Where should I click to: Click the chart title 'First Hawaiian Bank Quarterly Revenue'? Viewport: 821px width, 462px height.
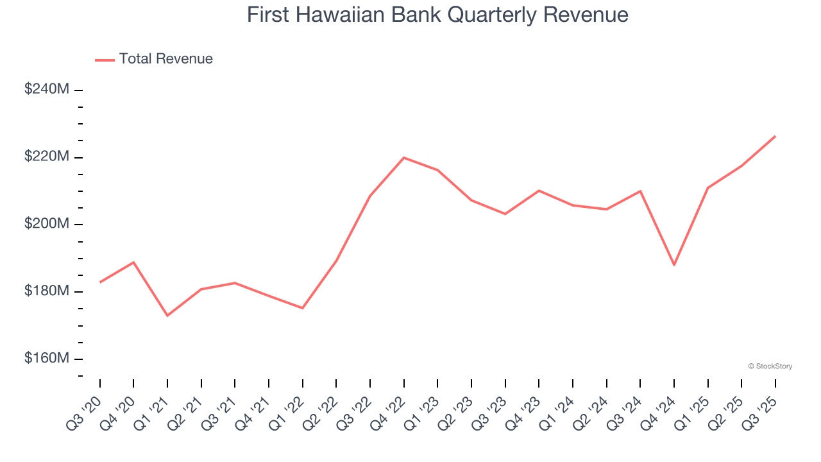[437, 15]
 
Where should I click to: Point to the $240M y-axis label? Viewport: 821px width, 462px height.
[47, 90]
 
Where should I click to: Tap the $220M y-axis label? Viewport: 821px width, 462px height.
[47, 157]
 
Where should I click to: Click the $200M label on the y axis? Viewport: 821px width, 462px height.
[47, 224]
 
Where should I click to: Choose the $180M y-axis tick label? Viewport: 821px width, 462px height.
[47, 291]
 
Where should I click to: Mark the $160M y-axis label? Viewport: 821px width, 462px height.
[47, 358]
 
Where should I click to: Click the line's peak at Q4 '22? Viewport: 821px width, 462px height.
[403, 157]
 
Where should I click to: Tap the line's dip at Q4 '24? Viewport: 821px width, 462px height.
[674, 265]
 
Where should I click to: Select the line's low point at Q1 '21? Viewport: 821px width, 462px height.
[167, 316]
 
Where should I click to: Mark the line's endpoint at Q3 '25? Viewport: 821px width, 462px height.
[775, 136]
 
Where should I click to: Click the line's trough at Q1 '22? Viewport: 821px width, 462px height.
[302, 308]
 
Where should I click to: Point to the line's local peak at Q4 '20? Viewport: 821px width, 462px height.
[133, 262]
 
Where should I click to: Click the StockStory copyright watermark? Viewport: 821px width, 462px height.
[770, 366]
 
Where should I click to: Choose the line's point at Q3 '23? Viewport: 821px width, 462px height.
[505, 214]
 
